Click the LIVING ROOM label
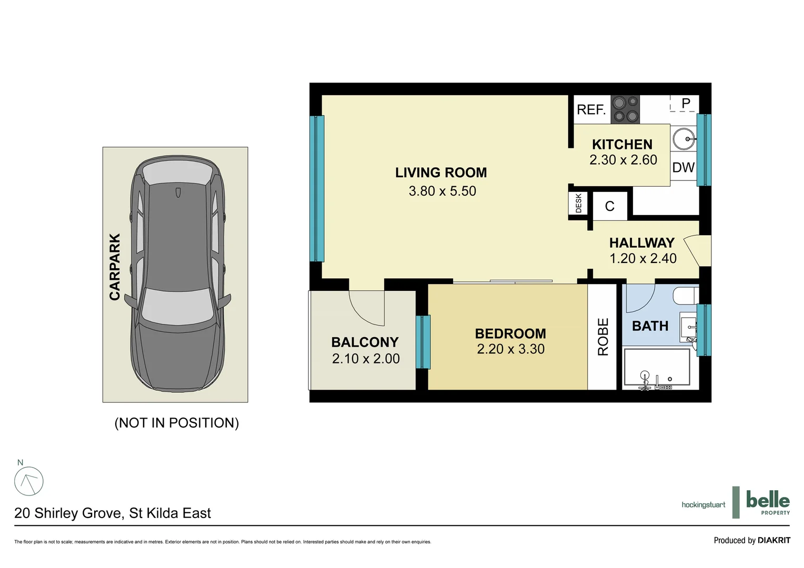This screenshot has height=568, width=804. click(x=441, y=173)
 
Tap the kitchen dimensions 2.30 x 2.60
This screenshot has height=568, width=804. click(x=623, y=160)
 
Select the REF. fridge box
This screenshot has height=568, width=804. click(x=591, y=109)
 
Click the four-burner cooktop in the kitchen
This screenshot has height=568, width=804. click(x=625, y=109)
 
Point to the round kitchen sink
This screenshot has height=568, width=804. click(x=684, y=140)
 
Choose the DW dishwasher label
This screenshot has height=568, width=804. click(x=684, y=168)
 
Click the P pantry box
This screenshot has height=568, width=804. click(x=685, y=104)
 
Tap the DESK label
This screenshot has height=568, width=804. click(x=579, y=204)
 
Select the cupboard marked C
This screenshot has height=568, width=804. click(x=610, y=206)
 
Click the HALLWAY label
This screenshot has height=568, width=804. click(x=641, y=243)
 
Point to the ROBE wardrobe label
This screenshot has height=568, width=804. click(x=603, y=337)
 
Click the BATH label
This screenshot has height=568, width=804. click(x=650, y=326)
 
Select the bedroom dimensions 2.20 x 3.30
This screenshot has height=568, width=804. click(x=510, y=349)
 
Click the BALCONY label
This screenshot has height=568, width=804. click(x=365, y=342)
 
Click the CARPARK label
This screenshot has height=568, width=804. click(x=115, y=267)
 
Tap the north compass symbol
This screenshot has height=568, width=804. click(x=28, y=481)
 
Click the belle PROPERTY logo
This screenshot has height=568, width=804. click(x=767, y=502)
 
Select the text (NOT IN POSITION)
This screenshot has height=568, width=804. click(x=177, y=423)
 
